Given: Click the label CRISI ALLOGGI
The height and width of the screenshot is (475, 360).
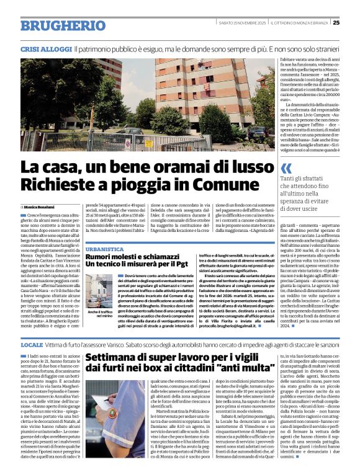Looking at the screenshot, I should [45, 48].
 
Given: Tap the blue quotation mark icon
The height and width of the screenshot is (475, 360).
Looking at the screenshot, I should [286, 168].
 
